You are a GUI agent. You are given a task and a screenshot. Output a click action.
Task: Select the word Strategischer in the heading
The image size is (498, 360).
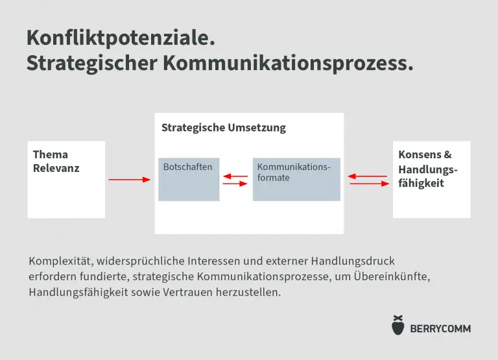92,64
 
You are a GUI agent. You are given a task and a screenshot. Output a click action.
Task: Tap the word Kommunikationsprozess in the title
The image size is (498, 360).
288,64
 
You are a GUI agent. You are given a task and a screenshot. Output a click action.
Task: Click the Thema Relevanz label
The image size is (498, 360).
56,162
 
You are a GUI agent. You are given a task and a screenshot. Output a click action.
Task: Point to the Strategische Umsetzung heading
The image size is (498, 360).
224,128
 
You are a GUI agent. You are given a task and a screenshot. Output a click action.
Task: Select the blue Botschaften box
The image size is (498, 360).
189,180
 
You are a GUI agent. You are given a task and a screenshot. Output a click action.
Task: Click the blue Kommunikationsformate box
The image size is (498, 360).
296,180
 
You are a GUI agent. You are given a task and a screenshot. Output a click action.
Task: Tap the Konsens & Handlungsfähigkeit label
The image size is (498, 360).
428,169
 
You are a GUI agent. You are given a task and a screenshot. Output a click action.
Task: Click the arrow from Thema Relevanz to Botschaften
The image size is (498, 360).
129,180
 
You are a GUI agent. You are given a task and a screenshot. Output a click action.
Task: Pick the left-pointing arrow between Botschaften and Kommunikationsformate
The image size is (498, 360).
235,176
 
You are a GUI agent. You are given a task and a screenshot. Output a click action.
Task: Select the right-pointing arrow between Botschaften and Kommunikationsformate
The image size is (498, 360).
235,184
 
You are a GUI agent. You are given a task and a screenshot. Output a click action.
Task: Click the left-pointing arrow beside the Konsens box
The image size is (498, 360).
368,176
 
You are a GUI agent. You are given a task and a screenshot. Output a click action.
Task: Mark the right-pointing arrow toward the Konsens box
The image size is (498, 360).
370,184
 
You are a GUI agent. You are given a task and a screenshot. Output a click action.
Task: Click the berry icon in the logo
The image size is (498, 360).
398,325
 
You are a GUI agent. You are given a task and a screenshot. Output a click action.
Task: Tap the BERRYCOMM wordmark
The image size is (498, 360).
440,329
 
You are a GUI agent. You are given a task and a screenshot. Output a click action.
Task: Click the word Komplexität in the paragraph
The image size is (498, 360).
61,261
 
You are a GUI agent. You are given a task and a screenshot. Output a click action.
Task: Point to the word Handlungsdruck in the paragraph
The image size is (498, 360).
353,261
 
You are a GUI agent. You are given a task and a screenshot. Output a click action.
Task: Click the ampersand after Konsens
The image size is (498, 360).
447,155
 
